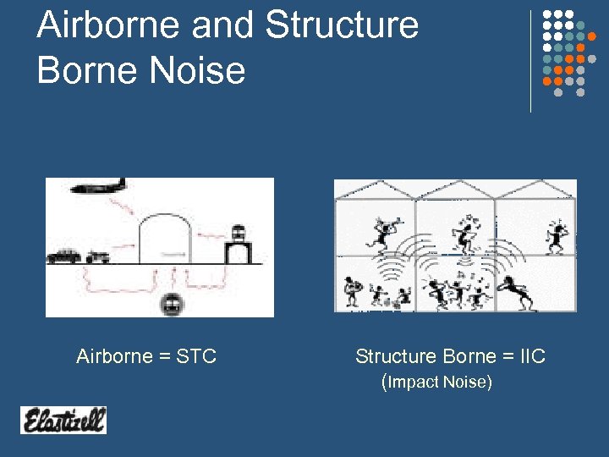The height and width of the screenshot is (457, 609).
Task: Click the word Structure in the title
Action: [x=343, y=25]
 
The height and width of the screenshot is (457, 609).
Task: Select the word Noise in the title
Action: [x=198, y=69]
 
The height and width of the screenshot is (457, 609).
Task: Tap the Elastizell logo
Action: [x=63, y=420]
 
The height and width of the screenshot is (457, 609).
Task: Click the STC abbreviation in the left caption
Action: [x=196, y=356]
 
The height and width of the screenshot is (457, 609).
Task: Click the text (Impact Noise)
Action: [x=436, y=382]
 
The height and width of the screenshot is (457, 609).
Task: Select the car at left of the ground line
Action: [x=64, y=256]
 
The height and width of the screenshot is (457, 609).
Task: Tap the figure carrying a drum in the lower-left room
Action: [x=353, y=292]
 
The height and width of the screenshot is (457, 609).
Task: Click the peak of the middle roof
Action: [x=455, y=181]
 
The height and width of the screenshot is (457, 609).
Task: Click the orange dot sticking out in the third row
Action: [x=592, y=36]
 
